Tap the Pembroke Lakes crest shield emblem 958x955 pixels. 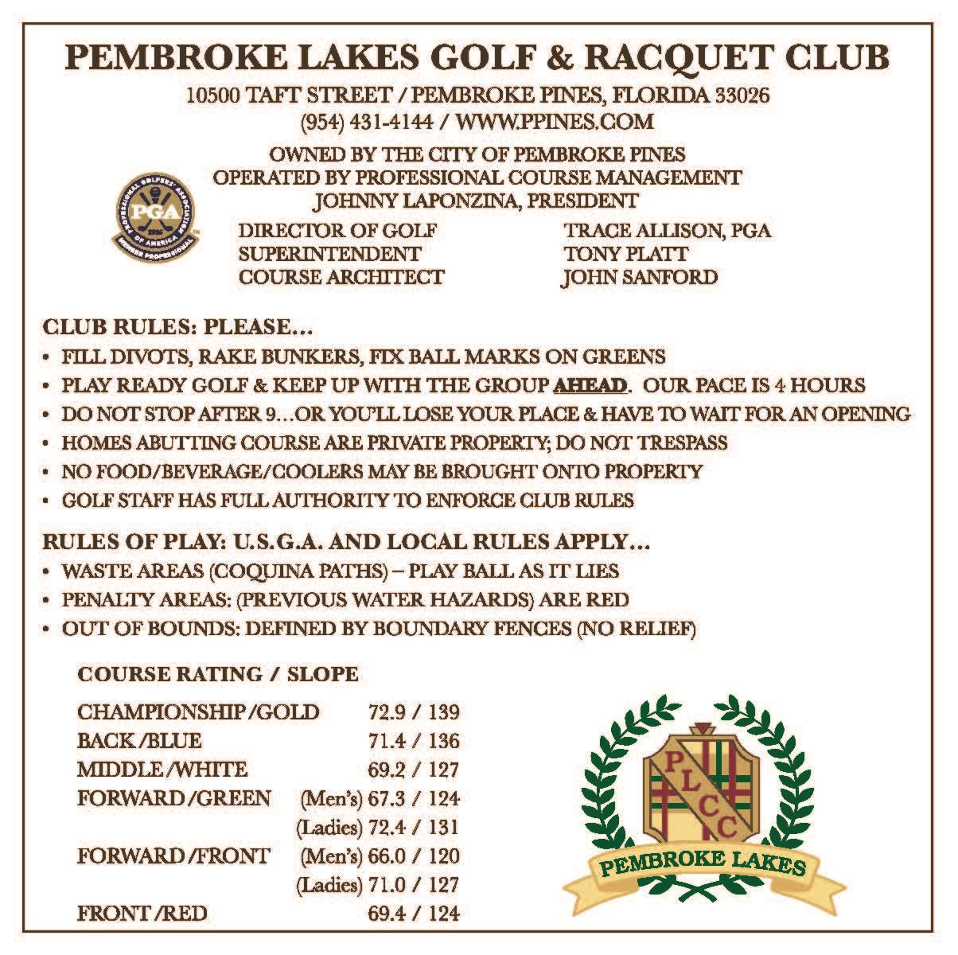(x=701, y=785)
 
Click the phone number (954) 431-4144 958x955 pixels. (x=367, y=122)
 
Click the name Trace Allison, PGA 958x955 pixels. (x=667, y=231)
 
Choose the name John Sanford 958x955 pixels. (x=640, y=277)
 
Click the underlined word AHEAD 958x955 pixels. (x=590, y=385)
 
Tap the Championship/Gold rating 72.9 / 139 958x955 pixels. (x=414, y=711)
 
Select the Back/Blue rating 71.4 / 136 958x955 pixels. (x=414, y=741)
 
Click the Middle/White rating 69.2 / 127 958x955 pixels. (x=414, y=770)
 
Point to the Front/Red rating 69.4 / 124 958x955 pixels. (x=414, y=914)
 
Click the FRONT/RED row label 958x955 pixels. (x=142, y=914)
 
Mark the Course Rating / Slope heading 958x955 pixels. (x=217, y=674)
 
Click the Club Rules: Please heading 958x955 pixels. (x=177, y=327)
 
